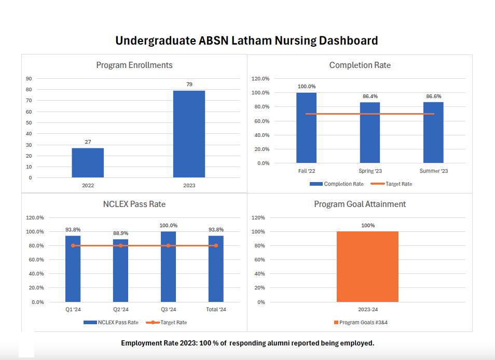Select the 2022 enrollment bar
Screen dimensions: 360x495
pyautogui.click(x=88, y=163)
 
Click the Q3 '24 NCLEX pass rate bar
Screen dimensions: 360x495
pyautogui.click(x=168, y=267)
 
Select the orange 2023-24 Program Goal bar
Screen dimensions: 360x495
pyautogui.click(x=367, y=267)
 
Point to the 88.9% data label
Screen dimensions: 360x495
pyautogui.click(x=120, y=233)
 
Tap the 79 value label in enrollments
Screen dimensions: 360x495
pyautogui.click(x=189, y=84)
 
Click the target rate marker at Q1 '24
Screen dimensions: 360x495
pyautogui.click(x=73, y=245)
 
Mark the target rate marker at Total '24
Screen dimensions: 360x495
pyautogui.click(x=216, y=245)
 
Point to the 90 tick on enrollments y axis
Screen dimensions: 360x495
pyautogui.click(x=29, y=79)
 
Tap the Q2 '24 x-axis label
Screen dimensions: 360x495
pyautogui.click(x=120, y=310)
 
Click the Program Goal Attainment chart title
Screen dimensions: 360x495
pyautogui.click(x=360, y=204)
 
